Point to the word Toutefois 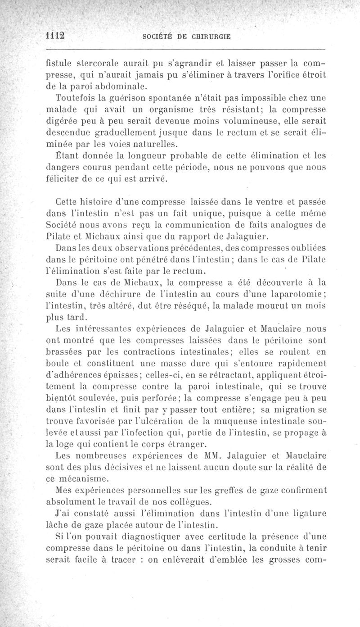(x=75, y=97)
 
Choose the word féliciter (x=67, y=180)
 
